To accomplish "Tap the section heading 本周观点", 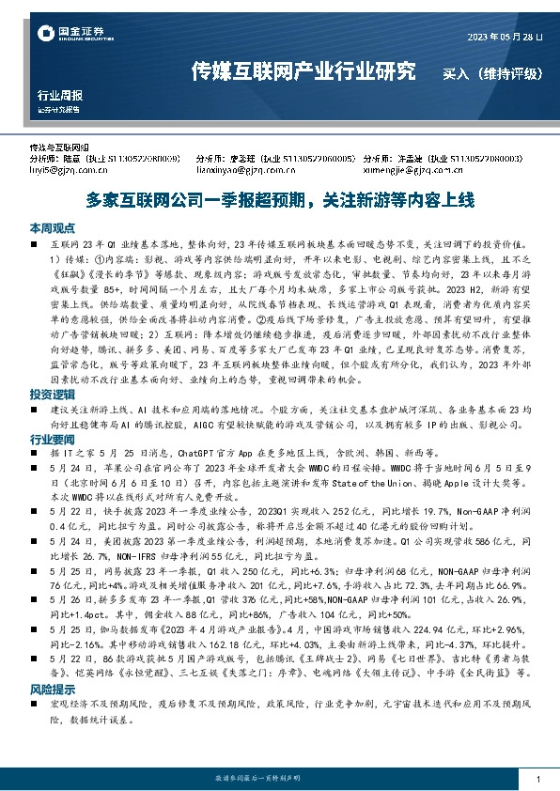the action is click(49, 227).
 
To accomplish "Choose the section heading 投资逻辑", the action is click(49, 395).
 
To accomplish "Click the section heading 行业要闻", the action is click(49, 439).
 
